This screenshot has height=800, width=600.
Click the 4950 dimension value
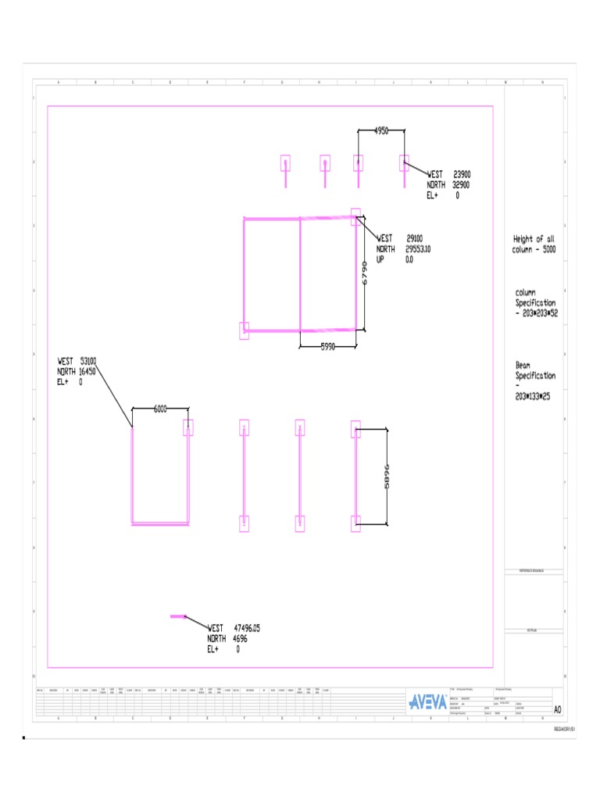tap(381, 131)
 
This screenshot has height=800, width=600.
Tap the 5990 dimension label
tap(328, 347)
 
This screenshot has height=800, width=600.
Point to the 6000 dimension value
tap(160, 409)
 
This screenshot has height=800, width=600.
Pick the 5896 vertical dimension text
tap(387, 477)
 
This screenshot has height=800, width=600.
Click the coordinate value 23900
tap(462, 175)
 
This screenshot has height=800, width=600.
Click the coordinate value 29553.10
tap(418, 249)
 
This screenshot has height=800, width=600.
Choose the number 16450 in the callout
tap(87, 372)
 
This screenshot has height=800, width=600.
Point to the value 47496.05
tap(247, 628)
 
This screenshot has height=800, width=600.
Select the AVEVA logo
tap(428, 701)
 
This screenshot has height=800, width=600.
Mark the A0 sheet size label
tap(557, 709)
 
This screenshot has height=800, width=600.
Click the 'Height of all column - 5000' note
tap(534, 244)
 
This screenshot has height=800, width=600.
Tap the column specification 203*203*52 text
tap(536, 312)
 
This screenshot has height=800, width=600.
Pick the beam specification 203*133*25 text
tap(533, 396)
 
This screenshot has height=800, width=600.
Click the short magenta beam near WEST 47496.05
tap(177, 616)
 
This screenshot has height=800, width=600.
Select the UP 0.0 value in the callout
tap(409, 259)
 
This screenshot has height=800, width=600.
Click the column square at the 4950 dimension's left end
tap(358, 162)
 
